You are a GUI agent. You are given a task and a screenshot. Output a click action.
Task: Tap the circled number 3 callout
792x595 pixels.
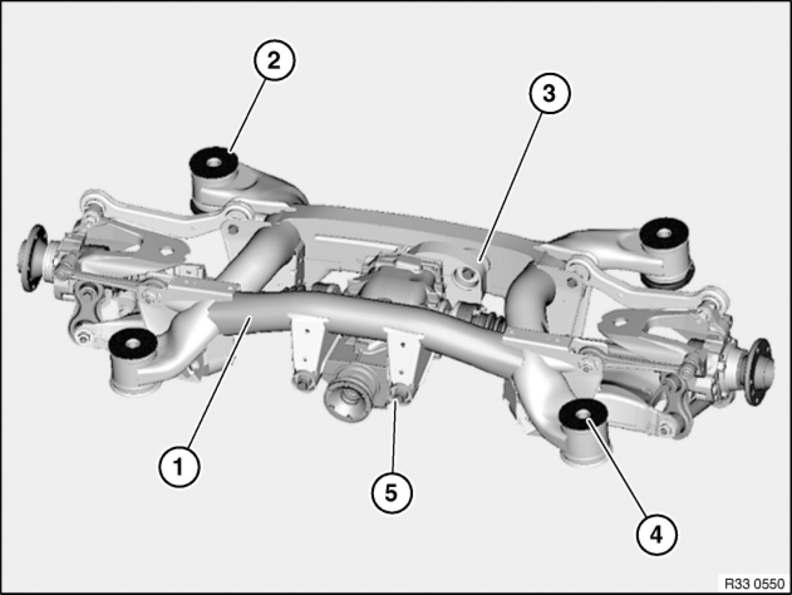click(x=549, y=94)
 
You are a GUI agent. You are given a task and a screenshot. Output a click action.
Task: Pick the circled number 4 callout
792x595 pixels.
click(x=656, y=535)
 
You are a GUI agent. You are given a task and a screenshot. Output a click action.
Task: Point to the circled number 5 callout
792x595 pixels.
click(x=392, y=493)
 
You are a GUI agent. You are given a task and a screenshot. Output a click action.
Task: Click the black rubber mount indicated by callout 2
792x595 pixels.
click(x=213, y=162)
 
